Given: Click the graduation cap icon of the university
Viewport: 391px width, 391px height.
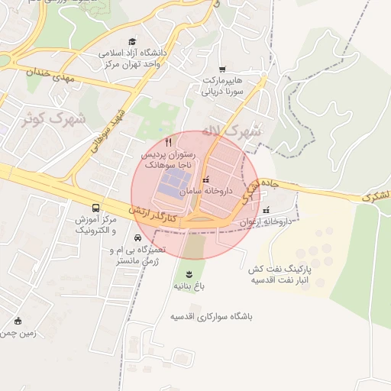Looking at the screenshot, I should pos(132,43).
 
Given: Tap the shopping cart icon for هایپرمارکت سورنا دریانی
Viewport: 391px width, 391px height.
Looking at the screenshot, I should pos(222,69).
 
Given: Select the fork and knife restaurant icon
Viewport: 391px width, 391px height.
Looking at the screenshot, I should pos(169,142).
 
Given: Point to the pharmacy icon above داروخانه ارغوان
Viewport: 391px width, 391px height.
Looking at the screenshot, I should pos(266,210).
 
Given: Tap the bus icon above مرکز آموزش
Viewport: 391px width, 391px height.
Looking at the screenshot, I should pos(95,208).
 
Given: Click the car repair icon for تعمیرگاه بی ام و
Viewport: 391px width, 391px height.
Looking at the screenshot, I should pos(137,238).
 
